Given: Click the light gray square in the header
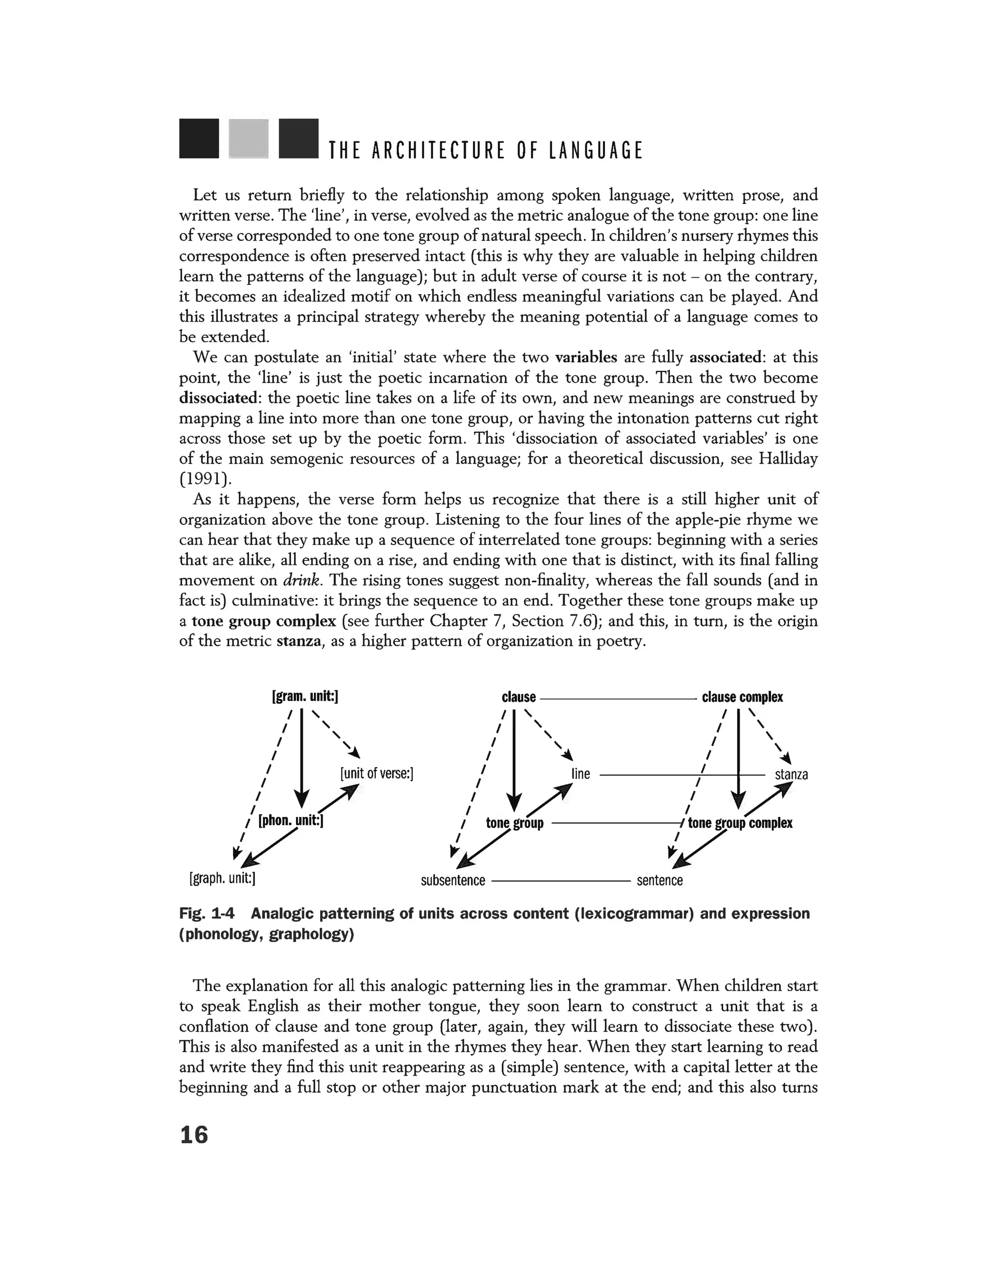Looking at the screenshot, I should (x=248, y=139).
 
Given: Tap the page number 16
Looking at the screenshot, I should (x=194, y=1134).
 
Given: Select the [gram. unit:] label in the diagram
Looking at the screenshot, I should (x=305, y=697).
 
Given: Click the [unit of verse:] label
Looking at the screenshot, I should (x=377, y=773).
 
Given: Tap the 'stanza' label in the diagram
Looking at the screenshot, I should (x=791, y=774).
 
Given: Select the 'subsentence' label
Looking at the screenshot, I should (x=453, y=880).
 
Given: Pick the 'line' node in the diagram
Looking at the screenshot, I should (x=581, y=774).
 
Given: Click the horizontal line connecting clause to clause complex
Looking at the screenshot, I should (x=617, y=698).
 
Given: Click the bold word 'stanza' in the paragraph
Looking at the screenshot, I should (x=299, y=641).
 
